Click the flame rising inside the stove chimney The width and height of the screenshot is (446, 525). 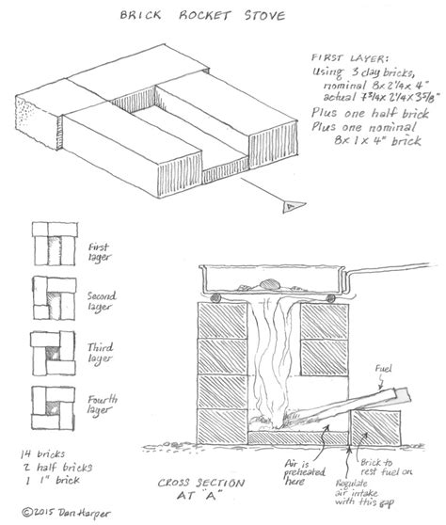pyautogui.click(x=273, y=367)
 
